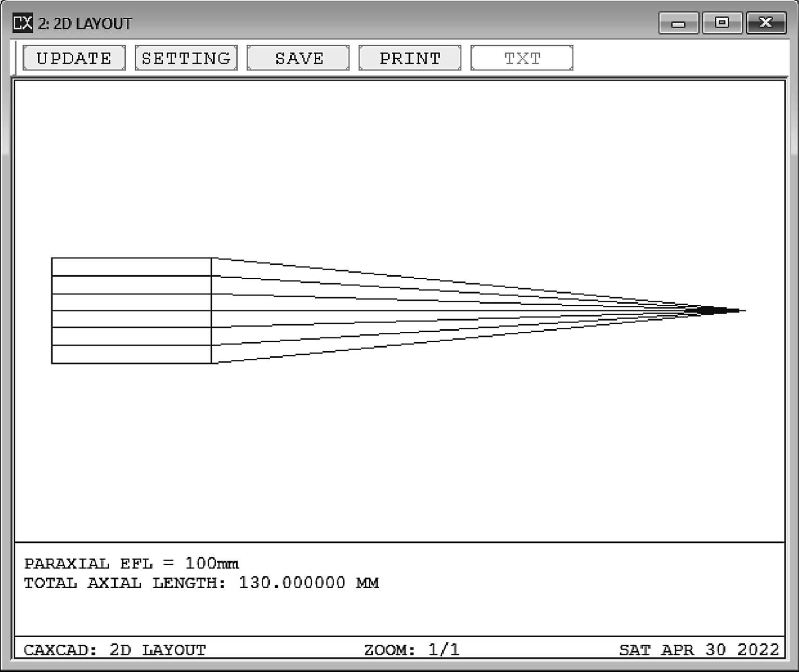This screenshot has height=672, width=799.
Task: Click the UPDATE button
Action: [x=74, y=58]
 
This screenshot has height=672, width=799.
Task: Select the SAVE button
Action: [x=298, y=58]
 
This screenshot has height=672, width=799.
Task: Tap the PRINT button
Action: [x=410, y=58]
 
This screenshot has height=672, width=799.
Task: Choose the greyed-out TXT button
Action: [x=522, y=58]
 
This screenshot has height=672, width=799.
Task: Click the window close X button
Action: [x=766, y=23]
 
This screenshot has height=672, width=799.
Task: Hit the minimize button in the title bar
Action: [x=678, y=23]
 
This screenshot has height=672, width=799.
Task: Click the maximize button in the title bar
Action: [x=723, y=23]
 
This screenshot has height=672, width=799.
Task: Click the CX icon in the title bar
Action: [x=22, y=22]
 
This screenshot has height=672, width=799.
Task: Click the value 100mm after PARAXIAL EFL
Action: [x=212, y=563]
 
